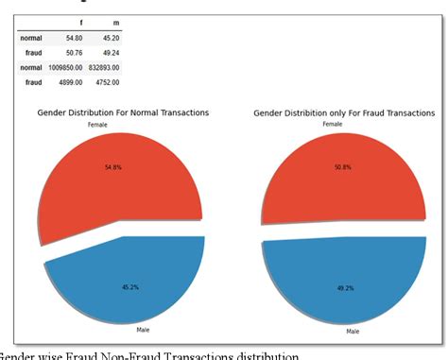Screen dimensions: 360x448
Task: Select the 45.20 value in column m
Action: click(110, 38)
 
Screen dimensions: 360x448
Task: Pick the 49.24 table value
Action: click(110, 53)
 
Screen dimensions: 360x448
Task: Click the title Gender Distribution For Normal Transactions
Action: click(123, 112)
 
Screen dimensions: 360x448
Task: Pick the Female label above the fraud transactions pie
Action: click(332, 124)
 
